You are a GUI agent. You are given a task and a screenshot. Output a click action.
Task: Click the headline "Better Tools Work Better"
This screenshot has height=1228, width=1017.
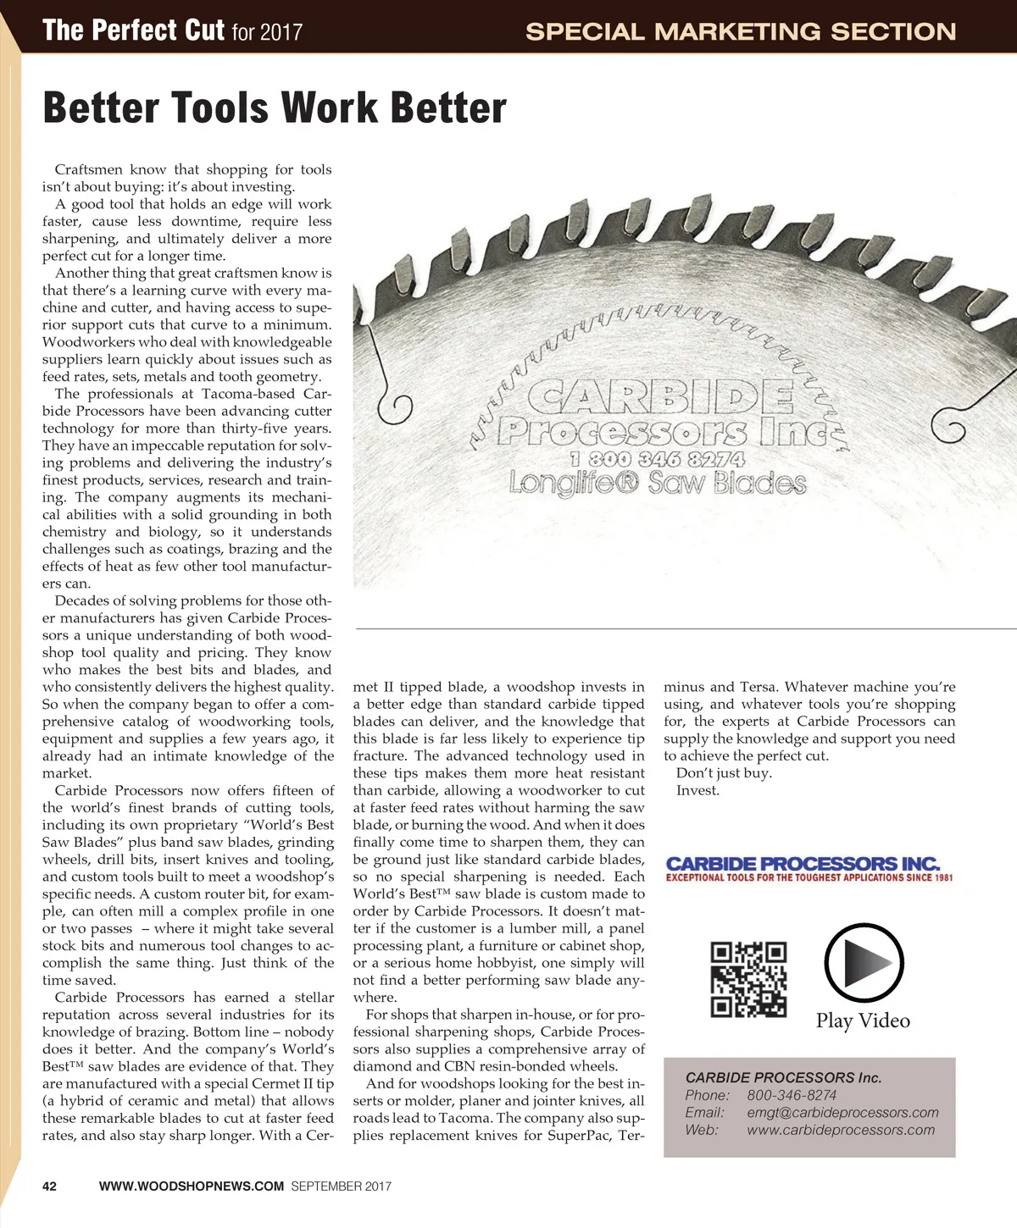pyautogui.click(x=274, y=109)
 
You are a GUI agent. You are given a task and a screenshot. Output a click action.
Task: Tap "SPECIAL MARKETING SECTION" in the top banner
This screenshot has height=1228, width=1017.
pyautogui.click(x=740, y=32)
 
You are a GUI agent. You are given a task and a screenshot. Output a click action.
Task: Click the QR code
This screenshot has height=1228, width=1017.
pyautogui.click(x=748, y=979)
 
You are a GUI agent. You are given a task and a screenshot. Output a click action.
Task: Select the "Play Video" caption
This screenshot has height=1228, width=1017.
pyautogui.click(x=863, y=1021)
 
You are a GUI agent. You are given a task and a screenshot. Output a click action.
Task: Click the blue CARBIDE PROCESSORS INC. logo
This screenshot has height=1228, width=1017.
pyautogui.click(x=803, y=864)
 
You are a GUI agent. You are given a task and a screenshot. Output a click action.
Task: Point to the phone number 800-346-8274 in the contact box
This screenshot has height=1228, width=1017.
pyautogui.click(x=792, y=1095)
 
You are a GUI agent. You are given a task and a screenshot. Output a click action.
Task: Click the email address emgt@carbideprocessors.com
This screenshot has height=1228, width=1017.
pyautogui.click(x=842, y=1112)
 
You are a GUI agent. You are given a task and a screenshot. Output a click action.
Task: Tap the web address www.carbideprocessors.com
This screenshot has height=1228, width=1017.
pyautogui.click(x=841, y=1130)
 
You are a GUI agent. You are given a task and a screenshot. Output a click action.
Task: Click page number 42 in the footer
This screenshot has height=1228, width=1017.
pyautogui.click(x=50, y=1187)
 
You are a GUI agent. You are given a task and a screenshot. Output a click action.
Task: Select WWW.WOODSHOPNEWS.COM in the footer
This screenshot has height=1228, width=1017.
pyautogui.click(x=192, y=1187)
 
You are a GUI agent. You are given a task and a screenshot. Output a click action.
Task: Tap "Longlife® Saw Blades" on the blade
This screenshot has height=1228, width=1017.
pyautogui.click(x=658, y=484)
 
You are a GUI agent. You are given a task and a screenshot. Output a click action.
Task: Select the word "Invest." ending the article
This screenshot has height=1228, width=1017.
pyautogui.click(x=697, y=790)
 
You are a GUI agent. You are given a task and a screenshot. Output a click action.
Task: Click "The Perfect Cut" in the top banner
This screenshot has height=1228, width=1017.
pyautogui.click(x=133, y=31)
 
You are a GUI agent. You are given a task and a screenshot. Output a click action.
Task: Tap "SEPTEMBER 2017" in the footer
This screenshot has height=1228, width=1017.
pyautogui.click(x=341, y=1187)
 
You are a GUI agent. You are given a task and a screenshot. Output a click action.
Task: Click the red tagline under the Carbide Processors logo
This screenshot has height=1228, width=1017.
pyautogui.click(x=809, y=878)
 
